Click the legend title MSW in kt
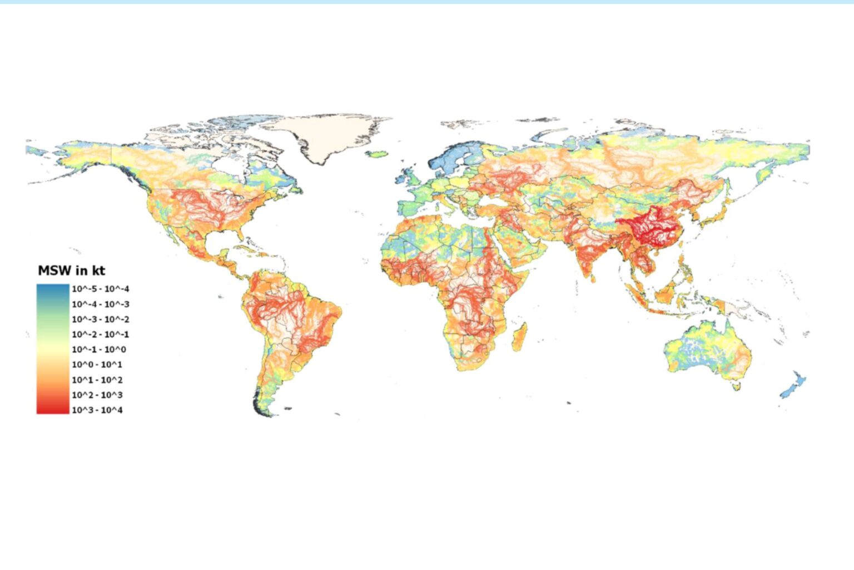(x=71, y=271)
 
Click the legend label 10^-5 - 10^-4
(x=100, y=289)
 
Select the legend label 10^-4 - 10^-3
(x=100, y=304)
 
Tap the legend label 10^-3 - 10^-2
(x=100, y=319)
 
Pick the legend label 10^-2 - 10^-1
(x=100, y=335)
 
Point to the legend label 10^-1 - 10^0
(x=99, y=350)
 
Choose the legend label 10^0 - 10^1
(x=97, y=365)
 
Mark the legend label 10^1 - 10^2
(x=97, y=380)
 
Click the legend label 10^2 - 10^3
(x=97, y=395)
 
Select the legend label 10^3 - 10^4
(x=97, y=410)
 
